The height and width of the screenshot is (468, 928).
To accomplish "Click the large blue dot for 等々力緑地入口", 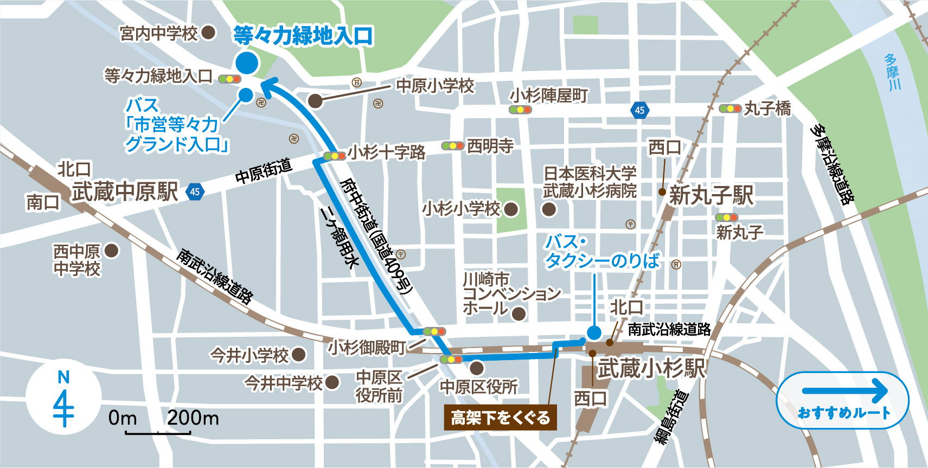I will tap(247, 63).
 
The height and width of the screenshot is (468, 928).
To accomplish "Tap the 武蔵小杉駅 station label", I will tap(651, 369).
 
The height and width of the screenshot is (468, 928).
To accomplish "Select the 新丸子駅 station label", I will tap(711, 195).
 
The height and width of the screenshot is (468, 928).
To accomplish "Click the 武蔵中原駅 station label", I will tap(125, 192).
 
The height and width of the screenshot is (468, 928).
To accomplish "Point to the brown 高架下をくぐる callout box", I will tap(500, 418).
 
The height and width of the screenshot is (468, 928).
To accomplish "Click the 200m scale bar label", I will tap(193, 418).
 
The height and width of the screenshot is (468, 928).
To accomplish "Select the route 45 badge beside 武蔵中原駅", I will tap(195, 191).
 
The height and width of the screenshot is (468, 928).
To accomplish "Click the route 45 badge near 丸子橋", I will tap(640, 110).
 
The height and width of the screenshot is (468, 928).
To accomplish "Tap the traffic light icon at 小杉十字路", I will tap(334, 156).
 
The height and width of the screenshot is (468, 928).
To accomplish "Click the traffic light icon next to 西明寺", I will tap(452, 145).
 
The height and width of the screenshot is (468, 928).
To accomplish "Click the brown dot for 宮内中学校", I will tap(209, 33).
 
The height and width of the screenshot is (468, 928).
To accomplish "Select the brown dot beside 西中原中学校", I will tap(111, 251).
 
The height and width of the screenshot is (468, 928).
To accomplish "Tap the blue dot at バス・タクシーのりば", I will tap(594, 332).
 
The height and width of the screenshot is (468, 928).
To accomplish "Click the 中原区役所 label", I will tap(478, 387).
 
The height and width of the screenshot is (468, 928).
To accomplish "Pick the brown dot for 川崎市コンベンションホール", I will tap(519, 313).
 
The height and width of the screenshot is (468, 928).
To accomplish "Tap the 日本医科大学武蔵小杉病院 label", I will tap(590, 182).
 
